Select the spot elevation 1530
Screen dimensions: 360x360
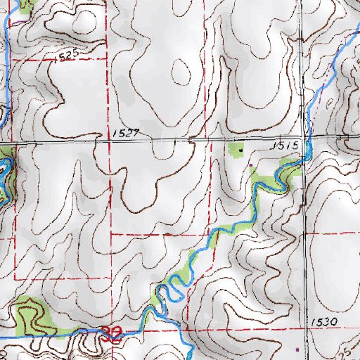coord(324,321)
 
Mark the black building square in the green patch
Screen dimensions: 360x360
coord(240,149)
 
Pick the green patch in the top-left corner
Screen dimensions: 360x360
coord(26,6)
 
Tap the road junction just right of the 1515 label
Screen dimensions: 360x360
coord(303,139)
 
